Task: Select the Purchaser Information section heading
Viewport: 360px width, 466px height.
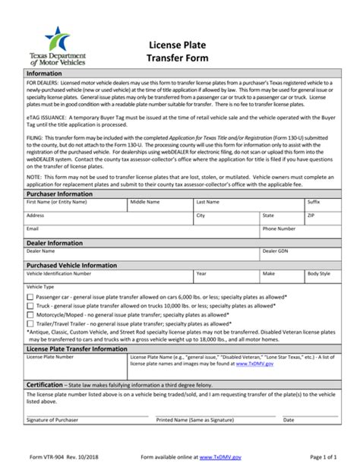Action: tap(60, 194)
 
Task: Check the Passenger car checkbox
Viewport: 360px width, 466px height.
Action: tap(30, 297)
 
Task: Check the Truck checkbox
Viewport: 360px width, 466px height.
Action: tap(30, 305)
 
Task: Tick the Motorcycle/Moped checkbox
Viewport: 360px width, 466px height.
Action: tap(30, 314)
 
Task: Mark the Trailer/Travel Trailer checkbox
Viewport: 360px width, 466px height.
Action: tap(30, 323)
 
